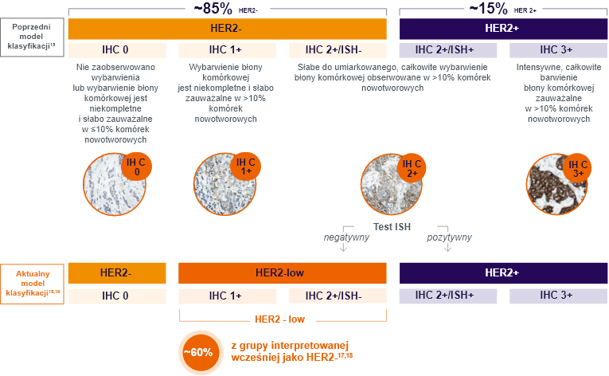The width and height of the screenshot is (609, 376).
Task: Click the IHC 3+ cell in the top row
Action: click(557, 49)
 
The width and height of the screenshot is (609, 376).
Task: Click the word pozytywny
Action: click(449, 237)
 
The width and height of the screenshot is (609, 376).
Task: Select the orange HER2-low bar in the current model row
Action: click(283, 272)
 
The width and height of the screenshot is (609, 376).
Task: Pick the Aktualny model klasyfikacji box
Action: click(34, 283)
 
